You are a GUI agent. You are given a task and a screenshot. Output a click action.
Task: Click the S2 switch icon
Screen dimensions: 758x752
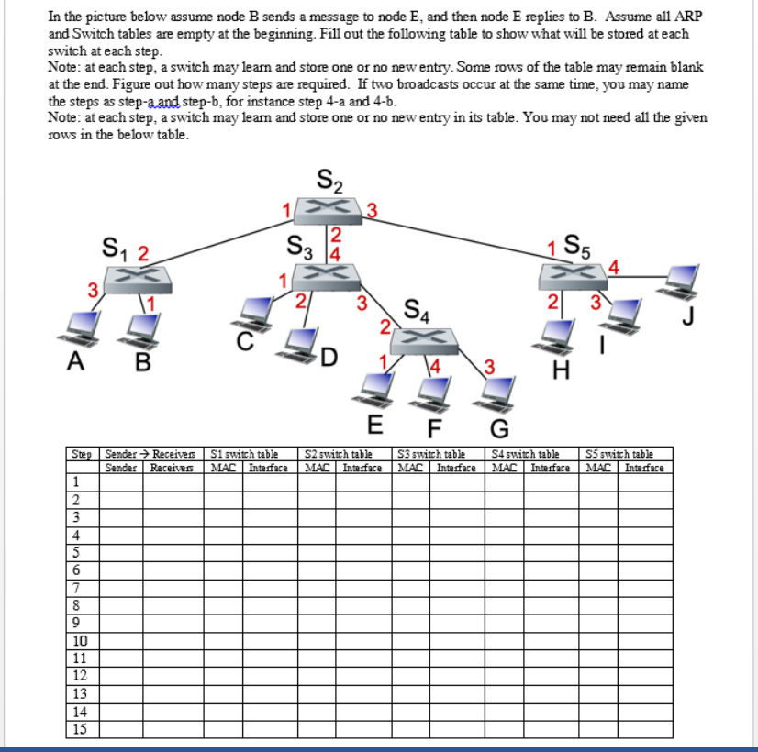(x=328, y=211)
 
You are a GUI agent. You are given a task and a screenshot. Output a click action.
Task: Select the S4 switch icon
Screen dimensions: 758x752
(x=424, y=341)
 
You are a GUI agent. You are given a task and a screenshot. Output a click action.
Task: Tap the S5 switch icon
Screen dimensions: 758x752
(x=574, y=277)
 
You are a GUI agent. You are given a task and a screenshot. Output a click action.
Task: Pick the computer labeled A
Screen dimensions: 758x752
(x=79, y=328)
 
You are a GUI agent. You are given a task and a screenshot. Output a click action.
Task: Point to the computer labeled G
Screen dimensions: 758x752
(x=494, y=394)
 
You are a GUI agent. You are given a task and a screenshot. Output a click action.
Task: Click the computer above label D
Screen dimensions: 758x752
(x=298, y=346)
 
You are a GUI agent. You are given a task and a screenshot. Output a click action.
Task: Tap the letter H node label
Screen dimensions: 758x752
(x=561, y=370)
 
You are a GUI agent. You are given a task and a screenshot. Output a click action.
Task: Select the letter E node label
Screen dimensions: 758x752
(x=375, y=425)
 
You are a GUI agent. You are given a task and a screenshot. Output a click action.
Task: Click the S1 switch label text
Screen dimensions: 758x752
(x=115, y=249)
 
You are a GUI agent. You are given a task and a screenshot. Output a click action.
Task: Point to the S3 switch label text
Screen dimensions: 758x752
(x=300, y=247)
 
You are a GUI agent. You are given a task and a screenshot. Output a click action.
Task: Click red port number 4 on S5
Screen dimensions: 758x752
(x=613, y=267)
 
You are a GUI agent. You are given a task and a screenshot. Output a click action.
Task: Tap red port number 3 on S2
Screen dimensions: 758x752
(x=372, y=211)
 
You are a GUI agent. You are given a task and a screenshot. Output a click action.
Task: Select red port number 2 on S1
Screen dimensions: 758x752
(x=143, y=253)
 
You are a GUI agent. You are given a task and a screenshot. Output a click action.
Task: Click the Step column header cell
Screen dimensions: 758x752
(x=83, y=454)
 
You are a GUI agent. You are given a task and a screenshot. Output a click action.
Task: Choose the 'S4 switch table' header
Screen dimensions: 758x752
(x=526, y=454)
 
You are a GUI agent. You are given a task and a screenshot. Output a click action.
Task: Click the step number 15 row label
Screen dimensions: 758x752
(x=80, y=729)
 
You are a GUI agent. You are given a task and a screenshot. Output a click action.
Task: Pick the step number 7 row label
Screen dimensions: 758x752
(x=76, y=588)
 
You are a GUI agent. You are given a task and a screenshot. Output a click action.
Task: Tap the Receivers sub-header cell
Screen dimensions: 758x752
(x=172, y=468)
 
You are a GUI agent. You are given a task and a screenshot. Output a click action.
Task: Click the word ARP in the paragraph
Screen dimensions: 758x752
(x=688, y=17)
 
